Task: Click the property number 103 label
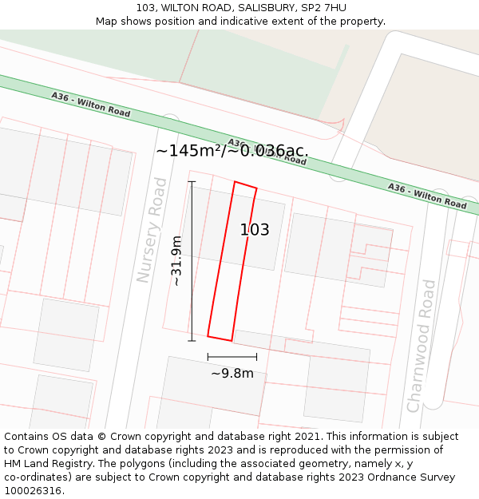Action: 255,230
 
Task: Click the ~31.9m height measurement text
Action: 176,261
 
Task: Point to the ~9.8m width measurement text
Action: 232,373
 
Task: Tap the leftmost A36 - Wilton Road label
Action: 90,105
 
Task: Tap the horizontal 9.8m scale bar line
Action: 232,357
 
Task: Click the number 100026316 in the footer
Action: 33,490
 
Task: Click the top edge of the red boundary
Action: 245,185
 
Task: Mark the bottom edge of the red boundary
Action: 220,338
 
